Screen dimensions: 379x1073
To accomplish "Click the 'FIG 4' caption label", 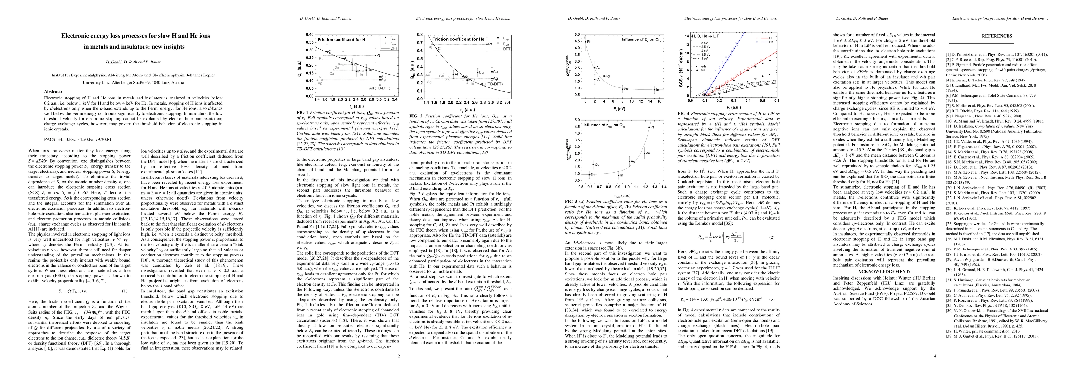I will coord(682,113).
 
